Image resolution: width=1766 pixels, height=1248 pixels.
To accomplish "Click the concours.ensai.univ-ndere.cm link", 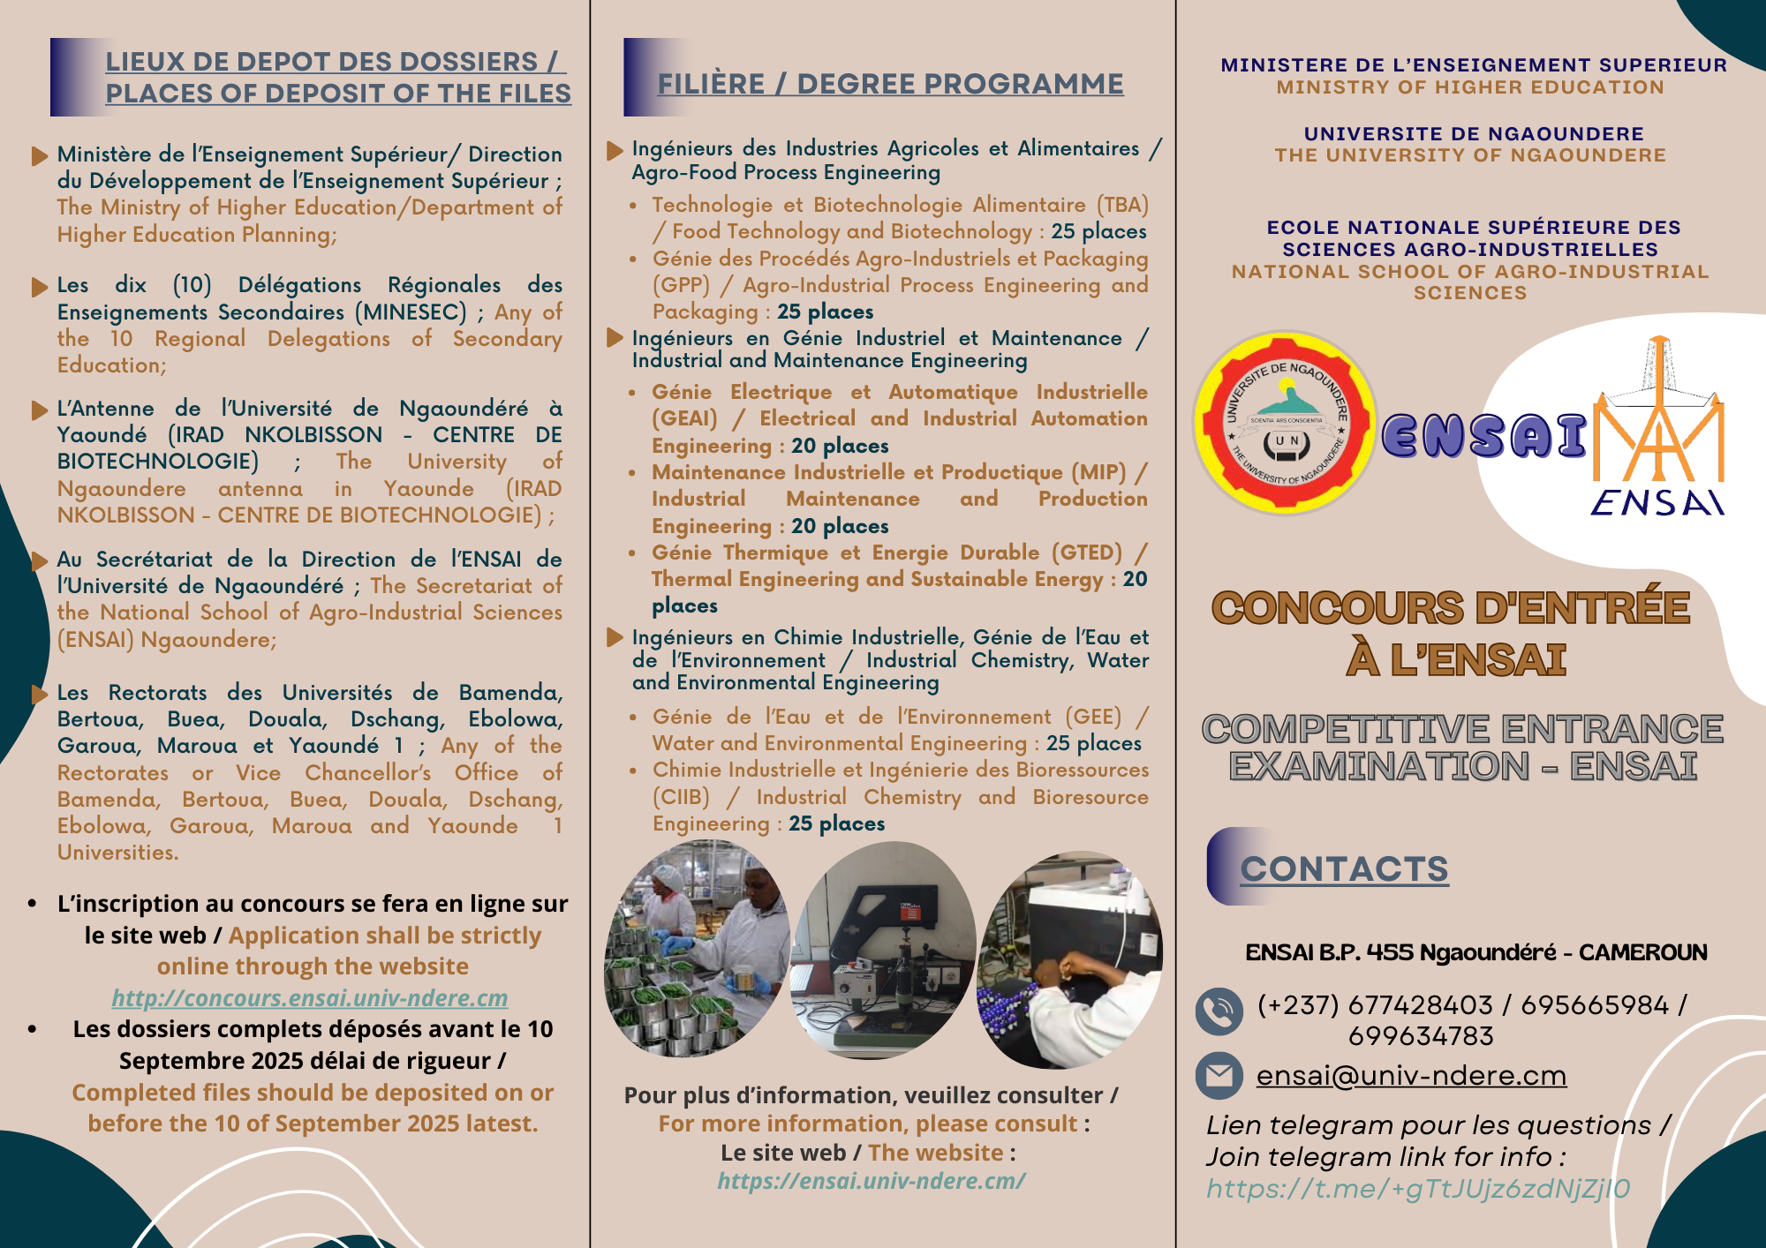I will pyautogui.click(x=309, y=998).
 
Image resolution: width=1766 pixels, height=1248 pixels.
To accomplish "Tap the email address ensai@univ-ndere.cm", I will pyautogui.click(x=1411, y=1076).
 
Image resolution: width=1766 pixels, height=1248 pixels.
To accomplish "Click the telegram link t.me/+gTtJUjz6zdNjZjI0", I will pyautogui.click(x=1418, y=1189).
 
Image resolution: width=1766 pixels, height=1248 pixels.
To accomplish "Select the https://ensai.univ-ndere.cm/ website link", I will pyautogui.click(x=871, y=1181).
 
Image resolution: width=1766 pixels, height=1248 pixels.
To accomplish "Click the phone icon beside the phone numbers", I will pyautogui.click(x=1219, y=1011).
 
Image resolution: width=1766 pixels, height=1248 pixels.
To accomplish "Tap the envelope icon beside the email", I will pyautogui.click(x=1219, y=1076).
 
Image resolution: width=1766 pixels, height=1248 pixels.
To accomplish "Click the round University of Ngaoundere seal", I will pyautogui.click(x=1286, y=423).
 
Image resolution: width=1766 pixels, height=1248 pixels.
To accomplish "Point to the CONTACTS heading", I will pyautogui.click(x=1344, y=869).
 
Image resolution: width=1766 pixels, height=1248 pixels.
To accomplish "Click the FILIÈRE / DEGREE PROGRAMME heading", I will pyautogui.click(x=890, y=84).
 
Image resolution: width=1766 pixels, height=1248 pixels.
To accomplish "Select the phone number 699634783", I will pyautogui.click(x=1421, y=1036).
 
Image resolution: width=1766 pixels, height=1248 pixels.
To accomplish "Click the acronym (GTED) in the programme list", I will pyautogui.click(x=1087, y=553).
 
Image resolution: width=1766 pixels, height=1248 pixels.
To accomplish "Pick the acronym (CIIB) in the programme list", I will pyautogui.click(x=681, y=797).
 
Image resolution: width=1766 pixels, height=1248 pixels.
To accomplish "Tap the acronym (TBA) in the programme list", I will pyautogui.click(x=1122, y=205).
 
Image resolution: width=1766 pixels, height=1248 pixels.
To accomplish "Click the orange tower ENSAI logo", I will pyautogui.click(x=1658, y=424).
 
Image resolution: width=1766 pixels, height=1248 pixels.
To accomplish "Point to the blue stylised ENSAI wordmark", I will pyautogui.click(x=1483, y=436).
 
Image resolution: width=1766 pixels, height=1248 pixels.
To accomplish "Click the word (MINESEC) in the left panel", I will pyautogui.click(x=411, y=312).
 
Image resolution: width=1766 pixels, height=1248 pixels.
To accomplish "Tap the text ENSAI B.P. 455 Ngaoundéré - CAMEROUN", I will pyautogui.click(x=1475, y=952).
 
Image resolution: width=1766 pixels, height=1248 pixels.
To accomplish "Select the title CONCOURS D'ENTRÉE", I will pyautogui.click(x=1450, y=608).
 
